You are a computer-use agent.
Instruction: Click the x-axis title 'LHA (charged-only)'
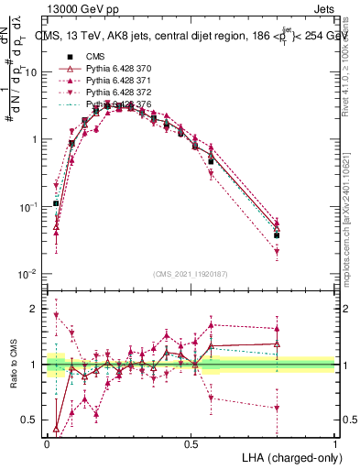[x=285, y=456]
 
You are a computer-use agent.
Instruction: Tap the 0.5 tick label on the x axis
[x=191, y=444]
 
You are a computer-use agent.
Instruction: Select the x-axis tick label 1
[x=334, y=444]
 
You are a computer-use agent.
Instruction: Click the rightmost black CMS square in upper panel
[x=278, y=235]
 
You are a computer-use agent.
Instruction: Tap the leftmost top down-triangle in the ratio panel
[x=56, y=316]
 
